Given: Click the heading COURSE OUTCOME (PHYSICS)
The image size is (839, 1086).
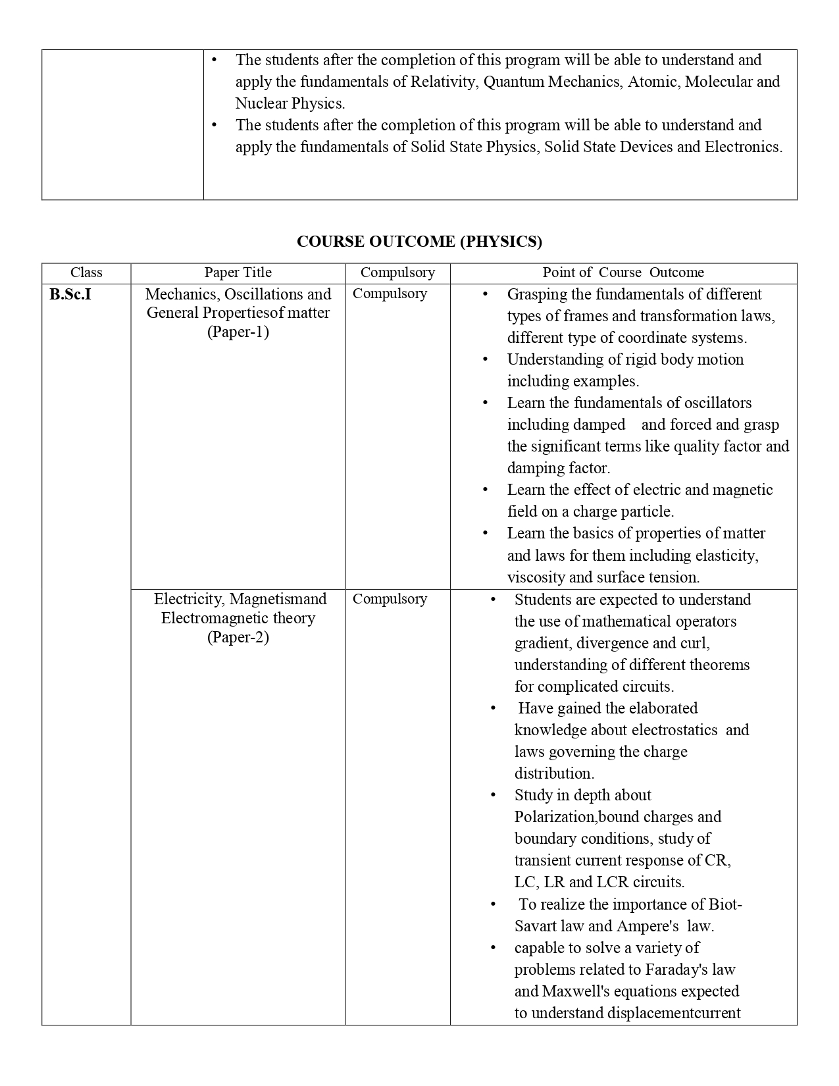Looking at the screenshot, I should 419,242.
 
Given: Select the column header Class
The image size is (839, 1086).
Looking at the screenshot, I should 86,272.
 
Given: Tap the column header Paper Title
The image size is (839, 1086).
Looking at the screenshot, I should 238,272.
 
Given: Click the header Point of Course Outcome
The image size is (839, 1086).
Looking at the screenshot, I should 623,272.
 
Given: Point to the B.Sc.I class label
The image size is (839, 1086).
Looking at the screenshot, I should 70,294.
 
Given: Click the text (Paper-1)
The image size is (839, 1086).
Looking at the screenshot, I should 238,332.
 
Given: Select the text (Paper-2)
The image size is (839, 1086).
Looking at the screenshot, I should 238,637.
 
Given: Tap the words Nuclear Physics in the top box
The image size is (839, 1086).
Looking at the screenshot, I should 290,103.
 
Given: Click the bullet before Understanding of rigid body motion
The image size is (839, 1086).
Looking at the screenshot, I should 486,359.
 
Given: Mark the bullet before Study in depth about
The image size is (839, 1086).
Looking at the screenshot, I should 493,795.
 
